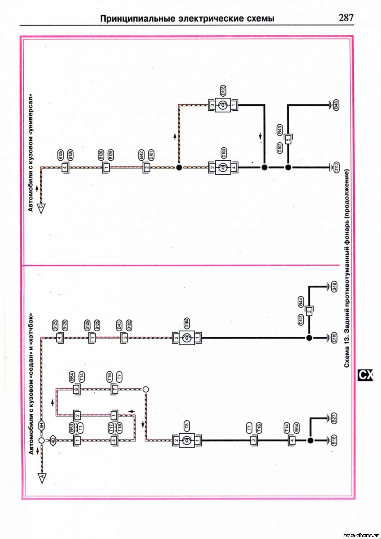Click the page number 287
346,18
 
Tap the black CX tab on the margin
366,375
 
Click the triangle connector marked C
41,208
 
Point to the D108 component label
223,91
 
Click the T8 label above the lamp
187,426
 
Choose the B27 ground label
334,418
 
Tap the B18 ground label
334,440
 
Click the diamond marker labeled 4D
52,440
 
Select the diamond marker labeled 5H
41,426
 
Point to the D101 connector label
151,155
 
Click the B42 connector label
142,155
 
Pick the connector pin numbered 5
288,139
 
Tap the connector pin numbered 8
76,389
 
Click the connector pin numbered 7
114,389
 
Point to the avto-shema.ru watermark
361,535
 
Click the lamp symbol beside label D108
223,105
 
